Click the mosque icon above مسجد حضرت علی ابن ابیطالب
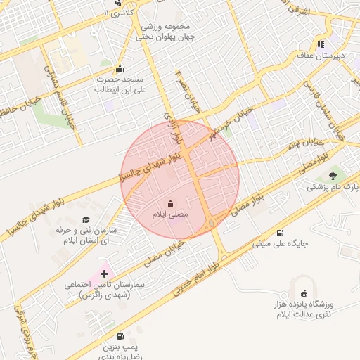point(120,68)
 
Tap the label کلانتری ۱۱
point(115,13)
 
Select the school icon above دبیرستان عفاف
point(321,43)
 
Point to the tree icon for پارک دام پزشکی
point(333,175)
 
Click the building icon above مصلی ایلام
point(169,202)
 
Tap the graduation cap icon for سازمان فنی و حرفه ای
point(86,220)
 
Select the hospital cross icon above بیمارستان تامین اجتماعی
point(105,273)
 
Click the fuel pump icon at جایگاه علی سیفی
point(281,233)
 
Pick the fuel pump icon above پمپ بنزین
point(121,337)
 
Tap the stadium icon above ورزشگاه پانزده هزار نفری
point(304,293)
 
